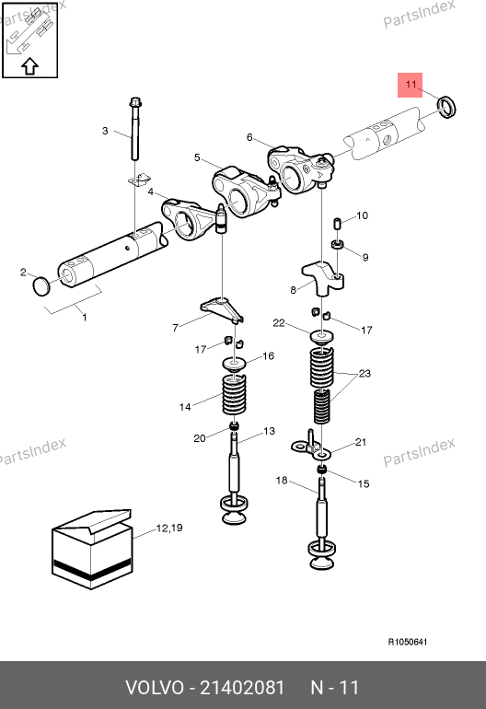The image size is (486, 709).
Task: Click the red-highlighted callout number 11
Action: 411,85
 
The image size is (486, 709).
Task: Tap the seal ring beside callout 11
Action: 446,107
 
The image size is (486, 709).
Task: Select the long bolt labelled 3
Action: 135,128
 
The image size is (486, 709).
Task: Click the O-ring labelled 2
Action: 40,286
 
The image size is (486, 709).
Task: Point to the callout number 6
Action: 249,137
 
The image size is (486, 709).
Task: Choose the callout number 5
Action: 197,157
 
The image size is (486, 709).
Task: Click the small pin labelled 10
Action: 336,224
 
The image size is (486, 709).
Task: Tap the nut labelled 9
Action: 337,244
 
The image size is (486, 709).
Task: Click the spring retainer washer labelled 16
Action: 234,364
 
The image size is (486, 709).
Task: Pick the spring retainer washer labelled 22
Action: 321,337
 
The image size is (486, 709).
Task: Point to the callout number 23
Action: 364,374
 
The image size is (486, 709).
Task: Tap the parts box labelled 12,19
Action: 92,550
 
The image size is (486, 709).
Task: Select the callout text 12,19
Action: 169,528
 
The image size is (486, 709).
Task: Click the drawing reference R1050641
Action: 408,642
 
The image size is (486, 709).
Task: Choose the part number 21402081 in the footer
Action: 242,688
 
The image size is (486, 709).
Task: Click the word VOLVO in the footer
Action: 155,688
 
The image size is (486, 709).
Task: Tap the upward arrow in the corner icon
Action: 29,66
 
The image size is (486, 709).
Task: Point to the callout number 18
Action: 282,480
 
